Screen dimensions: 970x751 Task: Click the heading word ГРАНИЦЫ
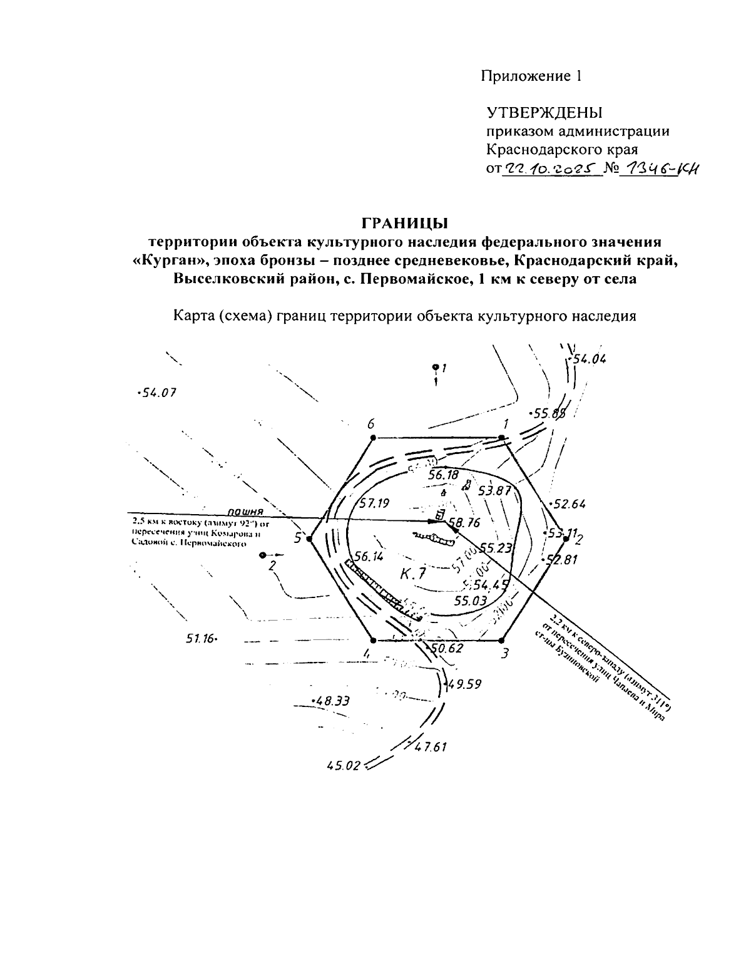406,223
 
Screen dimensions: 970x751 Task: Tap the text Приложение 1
531,76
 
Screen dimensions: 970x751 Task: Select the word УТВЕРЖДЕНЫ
544,113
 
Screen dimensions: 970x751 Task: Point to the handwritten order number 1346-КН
657,168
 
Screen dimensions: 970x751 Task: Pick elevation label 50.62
447,648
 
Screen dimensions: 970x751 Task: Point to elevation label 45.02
344,765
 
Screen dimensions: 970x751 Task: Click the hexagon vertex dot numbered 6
373,438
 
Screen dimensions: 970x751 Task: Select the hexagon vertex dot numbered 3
502,640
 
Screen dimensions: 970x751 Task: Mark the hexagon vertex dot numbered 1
502,438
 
